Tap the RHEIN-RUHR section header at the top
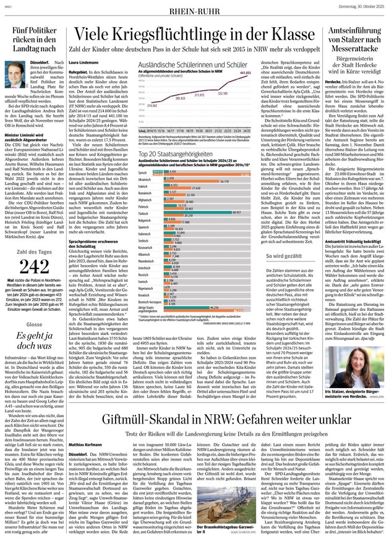[195, 8]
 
